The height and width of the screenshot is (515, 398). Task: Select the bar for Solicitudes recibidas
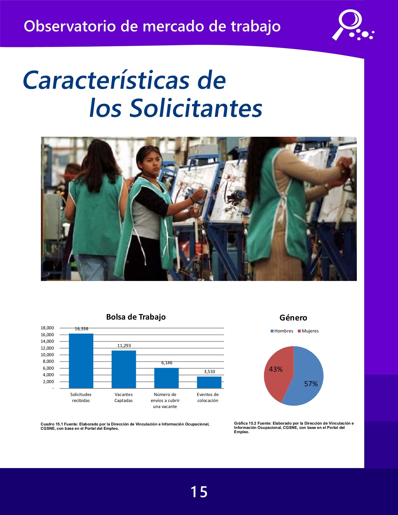click(81, 361)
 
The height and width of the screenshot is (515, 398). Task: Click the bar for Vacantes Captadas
click(124, 369)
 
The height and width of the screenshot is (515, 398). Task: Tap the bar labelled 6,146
click(166, 378)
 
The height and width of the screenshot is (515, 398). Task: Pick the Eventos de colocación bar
click(209, 382)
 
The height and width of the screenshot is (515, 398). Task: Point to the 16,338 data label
click(82, 329)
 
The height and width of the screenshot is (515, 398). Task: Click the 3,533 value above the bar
click(209, 372)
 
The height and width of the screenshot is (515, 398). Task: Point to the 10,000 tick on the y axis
click(47, 355)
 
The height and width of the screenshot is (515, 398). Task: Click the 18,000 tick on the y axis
click(47, 328)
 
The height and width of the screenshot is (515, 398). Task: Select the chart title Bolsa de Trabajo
click(136, 317)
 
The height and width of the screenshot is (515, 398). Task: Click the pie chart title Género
click(293, 318)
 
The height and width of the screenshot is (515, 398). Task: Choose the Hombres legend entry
click(282, 331)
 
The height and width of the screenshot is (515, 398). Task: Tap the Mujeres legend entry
click(308, 331)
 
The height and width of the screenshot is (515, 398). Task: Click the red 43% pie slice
click(276, 372)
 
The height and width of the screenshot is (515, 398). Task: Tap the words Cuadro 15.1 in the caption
click(52, 424)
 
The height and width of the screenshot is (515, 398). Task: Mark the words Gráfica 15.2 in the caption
click(245, 423)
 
